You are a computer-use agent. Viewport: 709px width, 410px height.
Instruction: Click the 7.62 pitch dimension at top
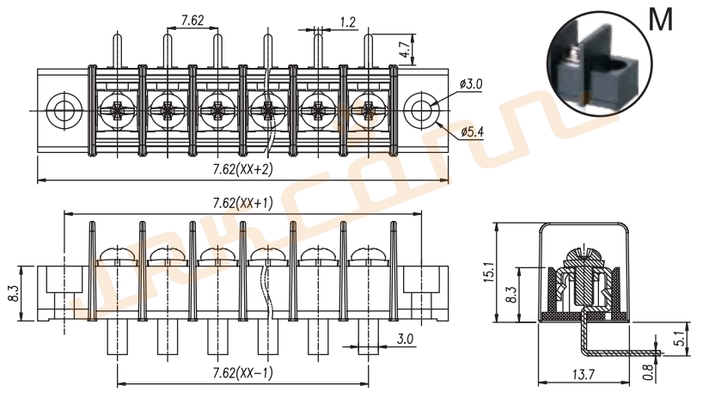(192, 21)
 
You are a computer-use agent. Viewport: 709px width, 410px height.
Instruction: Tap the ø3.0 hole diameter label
(471, 84)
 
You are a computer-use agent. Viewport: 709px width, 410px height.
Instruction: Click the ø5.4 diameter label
(472, 132)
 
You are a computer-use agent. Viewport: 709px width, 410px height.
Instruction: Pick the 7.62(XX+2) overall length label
(242, 169)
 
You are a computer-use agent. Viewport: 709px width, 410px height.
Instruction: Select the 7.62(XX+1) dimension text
(242, 203)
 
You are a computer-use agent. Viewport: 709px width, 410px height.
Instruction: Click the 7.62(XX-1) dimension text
(242, 373)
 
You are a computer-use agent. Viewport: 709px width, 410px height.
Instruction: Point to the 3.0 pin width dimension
(405, 340)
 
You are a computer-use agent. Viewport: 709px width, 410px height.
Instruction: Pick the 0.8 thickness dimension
(646, 371)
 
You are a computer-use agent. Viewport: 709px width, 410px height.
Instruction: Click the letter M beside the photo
(660, 20)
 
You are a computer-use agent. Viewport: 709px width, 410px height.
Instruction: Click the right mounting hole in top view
(420, 110)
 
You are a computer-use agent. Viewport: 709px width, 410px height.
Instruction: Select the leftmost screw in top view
(114, 110)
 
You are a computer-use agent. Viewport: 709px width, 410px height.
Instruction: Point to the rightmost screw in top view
(369, 110)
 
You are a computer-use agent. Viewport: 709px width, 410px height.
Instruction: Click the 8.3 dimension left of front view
(12, 293)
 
